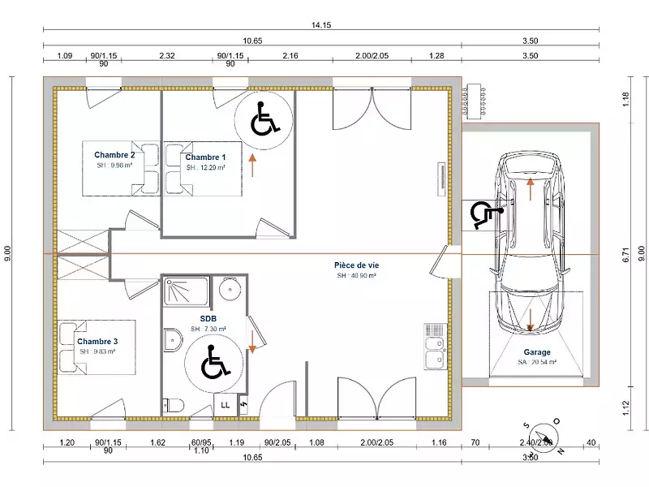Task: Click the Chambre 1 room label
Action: [x=205, y=157]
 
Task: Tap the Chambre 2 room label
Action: [x=114, y=154]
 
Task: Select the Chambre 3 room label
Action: [x=97, y=342]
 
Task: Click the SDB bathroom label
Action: [x=208, y=319]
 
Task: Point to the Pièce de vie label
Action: [x=356, y=265]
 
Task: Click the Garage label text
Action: [x=537, y=352]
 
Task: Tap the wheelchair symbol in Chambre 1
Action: [x=263, y=121]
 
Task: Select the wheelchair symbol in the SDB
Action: [x=212, y=361]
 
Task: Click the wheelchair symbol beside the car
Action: [x=484, y=214]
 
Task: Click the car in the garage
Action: [x=530, y=243]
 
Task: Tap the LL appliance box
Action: [x=225, y=405]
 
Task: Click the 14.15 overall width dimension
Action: [x=321, y=25]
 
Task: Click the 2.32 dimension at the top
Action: [x=168, y=55]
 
